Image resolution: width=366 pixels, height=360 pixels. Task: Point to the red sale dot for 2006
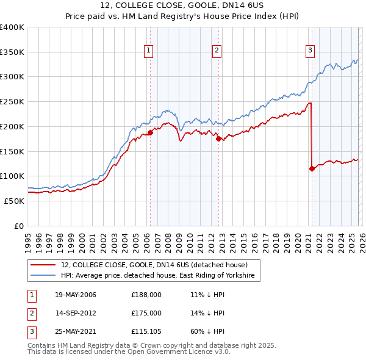[150, 132]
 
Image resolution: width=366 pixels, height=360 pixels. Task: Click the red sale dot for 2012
[218, 139]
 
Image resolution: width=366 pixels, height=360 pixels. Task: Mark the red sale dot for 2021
[312, 168]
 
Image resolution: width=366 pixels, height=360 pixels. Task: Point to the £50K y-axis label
[15, 201]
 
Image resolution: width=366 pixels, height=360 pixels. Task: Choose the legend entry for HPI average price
[160, 276]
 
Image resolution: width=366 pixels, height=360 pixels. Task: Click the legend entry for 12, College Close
[154, 265]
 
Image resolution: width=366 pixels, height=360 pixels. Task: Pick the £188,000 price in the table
[146, 295]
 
